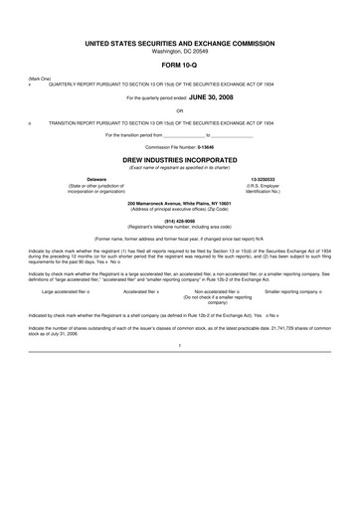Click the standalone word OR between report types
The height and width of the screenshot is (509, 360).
(x=179, y=110)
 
